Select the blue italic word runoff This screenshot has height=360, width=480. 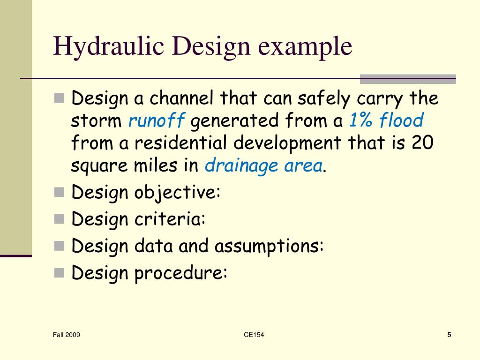pyautogui.click(x=157, y=121)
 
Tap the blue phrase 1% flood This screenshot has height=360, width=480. pyautogui.click(x=385, y=121)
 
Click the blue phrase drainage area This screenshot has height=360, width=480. pyautogui.click(x=263, y=166)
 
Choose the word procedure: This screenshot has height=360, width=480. pyautogui.click(x=181, y=273)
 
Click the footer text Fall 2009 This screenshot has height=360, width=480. pyautogui.click(x=66, y=335)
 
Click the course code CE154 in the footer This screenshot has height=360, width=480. pyautogui.click(x=254, y=335)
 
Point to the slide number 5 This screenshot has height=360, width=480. pyautogui.click(x=449, y=335)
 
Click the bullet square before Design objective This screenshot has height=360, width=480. pyautogui.click(x=59, y=192)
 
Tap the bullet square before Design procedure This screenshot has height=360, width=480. pyautogui.click(x=59, y=272)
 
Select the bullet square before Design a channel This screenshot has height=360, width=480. pyautogui.click(x=59, y=98)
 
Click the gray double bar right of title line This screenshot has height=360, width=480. pyautogui.click(x=407, y=79)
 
